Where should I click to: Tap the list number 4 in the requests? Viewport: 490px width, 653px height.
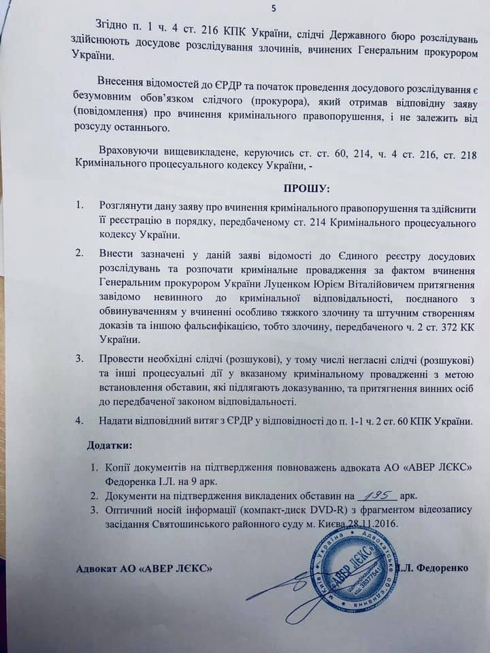[x=80, y=421]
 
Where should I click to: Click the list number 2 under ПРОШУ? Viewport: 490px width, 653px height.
[x=80, y=254]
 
